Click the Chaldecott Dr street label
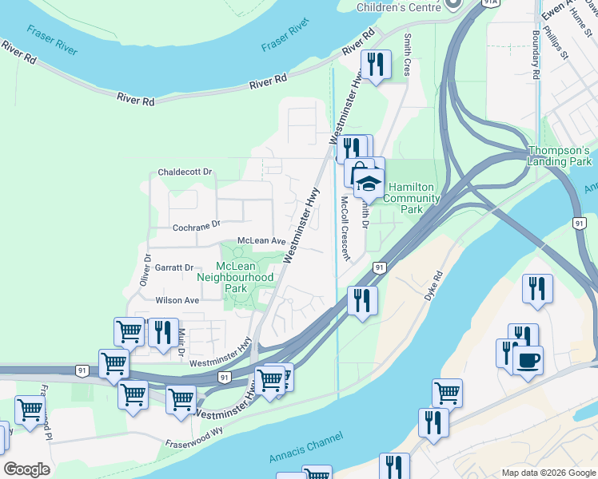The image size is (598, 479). (185, 172)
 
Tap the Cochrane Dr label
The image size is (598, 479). (196, 226)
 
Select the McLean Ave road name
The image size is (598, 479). (261, 241)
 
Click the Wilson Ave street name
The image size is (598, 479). (177, 300)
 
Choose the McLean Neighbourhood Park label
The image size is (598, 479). (235, 277)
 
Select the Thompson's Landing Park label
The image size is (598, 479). (559, 156)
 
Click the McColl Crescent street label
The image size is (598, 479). (345, 229)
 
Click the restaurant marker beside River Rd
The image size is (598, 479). (375, 63)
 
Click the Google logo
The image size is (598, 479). (26, 469)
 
